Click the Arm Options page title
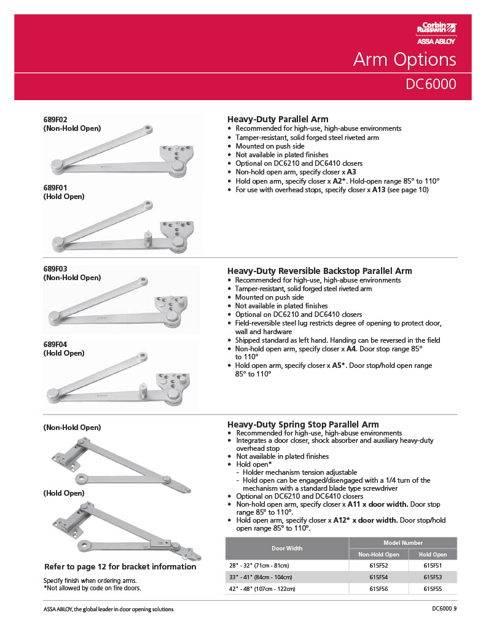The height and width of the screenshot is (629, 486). (x=404, y=60)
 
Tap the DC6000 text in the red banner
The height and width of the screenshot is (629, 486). (x=431, y=84)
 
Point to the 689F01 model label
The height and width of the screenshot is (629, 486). (x=55, y=187)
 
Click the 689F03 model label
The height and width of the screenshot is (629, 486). (x=55, y=269)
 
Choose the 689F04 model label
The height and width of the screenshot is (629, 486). (x=55, y=345)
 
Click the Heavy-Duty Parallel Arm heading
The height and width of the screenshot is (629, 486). (x=278, y=119)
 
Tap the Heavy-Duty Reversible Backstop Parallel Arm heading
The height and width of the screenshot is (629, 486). (x=319, y=271)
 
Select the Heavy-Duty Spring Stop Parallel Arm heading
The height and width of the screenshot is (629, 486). (x=303, y=424)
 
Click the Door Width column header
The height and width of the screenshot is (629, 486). (x=287, y=548)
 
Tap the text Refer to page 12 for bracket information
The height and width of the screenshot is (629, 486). (x=120, y=566)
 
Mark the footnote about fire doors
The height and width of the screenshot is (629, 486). (x=92, y=588)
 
